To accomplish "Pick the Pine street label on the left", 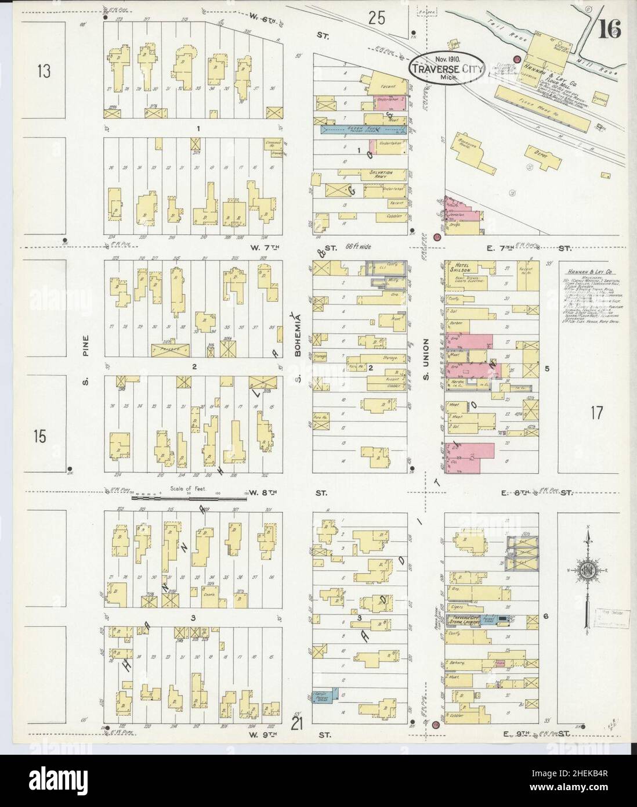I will [85, 349].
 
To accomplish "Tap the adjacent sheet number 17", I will [596, 413].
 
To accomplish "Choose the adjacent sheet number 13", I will [44, 71].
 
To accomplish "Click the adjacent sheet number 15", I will [39, 437].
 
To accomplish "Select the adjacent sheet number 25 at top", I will [376, 19].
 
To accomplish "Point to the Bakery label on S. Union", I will [458, 662].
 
